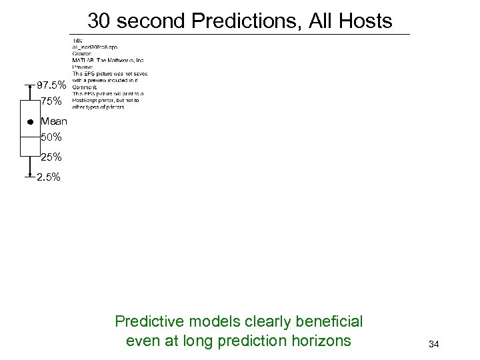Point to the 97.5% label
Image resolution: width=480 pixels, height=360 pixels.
pyautogui.click(x=51, y=86)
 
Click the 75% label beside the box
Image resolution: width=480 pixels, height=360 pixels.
pyautogui.click(x=51, y=102)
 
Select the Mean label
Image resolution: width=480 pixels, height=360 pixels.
pyautogui.click(x=53, y=122)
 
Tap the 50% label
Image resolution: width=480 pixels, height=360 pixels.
pyautogui.click(x=51, y=137)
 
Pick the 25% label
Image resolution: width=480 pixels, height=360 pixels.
pyautogui.click(x=51, y=157)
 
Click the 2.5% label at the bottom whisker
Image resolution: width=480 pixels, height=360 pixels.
pyautogui.click(x=48, y=177)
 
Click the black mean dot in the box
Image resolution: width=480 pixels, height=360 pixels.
pyautogui.click(x=30, y=123)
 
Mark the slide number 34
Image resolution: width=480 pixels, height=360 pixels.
pyautogui.click(x=433, y=344)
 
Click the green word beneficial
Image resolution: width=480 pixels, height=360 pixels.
pyautogui.click(x=326, y=322)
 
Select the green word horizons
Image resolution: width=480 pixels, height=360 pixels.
pyautogui.click(x=319, y=341)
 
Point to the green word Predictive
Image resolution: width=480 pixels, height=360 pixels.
pyautogui.click(x=145, y=322)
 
